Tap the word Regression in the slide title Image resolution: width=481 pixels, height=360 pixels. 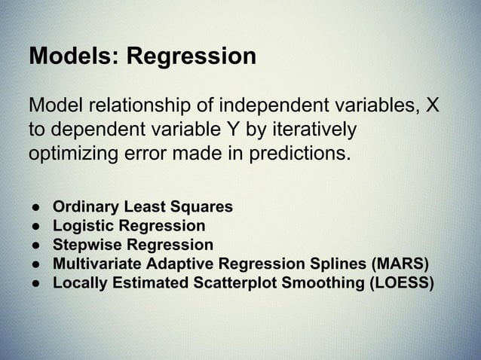click(x=191, y=58)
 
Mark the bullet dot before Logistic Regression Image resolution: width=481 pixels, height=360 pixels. click(x=35, y=226)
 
